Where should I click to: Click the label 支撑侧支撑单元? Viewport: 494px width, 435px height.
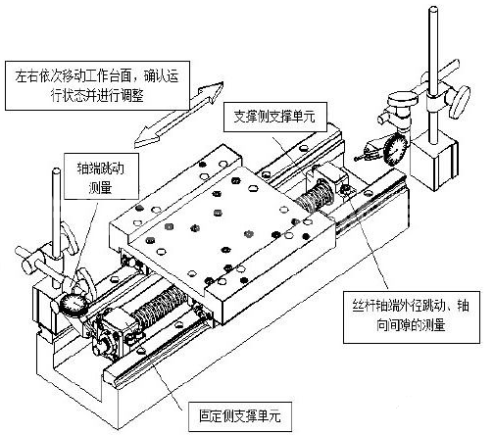point(275,117)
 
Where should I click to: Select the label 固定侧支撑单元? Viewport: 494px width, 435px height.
point(240,416)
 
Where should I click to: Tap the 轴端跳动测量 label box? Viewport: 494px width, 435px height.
point(101,176)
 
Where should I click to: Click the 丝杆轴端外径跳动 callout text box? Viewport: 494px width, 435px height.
point(412,315)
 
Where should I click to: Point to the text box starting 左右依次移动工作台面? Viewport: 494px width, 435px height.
point(97,85)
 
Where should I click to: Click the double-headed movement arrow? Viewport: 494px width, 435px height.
point(178,115)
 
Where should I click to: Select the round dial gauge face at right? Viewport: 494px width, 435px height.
point(396,150)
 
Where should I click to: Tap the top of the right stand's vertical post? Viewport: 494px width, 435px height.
point(434,11)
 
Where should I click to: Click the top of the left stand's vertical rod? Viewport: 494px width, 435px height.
point(57,171)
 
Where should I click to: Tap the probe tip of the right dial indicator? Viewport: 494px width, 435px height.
point(356,159)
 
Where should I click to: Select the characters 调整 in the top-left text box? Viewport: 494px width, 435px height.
point(132,96)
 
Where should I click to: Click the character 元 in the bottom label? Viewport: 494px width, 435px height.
point(274,416)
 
